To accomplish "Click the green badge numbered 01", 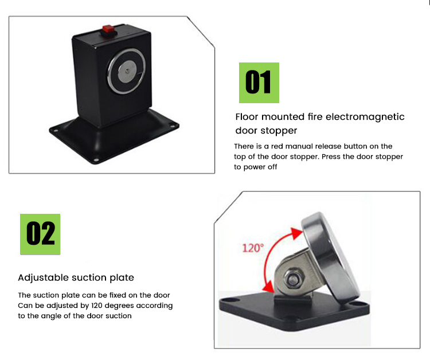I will [259, 83].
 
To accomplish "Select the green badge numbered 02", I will [40, 234].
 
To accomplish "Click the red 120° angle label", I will [252, 248].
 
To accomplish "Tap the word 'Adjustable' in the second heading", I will [43, 277].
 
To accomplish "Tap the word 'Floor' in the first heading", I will [248, 117].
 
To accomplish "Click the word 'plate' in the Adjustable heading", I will [120, 277].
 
